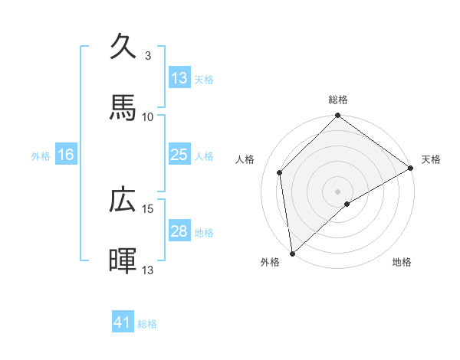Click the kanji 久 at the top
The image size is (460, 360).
[125, 47]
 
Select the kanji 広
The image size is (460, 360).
[125, 200]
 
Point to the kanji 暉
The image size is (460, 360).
[125, 261]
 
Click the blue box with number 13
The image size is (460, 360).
[179, 78]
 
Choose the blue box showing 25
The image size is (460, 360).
[179, 155]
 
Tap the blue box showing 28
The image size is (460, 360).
[179, 231]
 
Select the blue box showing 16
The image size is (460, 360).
[66, 155]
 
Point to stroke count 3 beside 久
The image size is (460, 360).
[147, 56]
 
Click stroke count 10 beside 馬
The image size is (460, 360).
[148, 116]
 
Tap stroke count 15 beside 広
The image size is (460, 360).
[148, 208]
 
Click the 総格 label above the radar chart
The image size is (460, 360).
[338, 100]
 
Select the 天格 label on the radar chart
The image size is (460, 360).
[431, 159]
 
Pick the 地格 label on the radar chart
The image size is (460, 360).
[402, 262]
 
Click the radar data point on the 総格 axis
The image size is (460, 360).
[338, 116]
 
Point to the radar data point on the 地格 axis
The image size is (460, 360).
[347, 204]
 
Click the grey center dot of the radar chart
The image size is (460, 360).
[338, 191]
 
